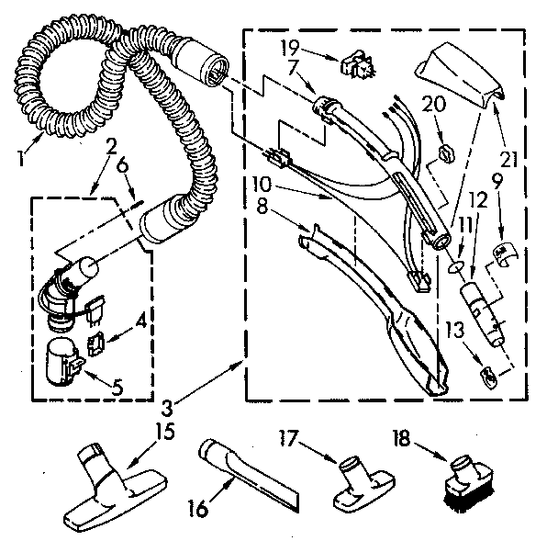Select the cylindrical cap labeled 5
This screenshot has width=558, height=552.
(x=61, y=357)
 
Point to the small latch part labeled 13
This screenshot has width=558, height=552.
(x=489, y=375)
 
